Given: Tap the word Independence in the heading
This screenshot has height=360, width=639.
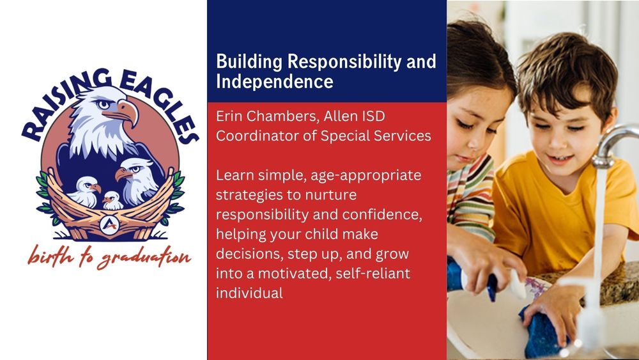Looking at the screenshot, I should (275, 82).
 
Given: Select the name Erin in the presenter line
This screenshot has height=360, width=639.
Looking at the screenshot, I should (229, 118).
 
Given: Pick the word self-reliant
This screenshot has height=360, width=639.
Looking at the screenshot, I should (370, 274).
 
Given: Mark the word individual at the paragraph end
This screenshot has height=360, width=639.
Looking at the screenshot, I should (249, 293).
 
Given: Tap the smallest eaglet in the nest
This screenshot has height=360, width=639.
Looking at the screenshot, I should (113, 200).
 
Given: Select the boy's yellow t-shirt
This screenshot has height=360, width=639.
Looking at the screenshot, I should (550, 211).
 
